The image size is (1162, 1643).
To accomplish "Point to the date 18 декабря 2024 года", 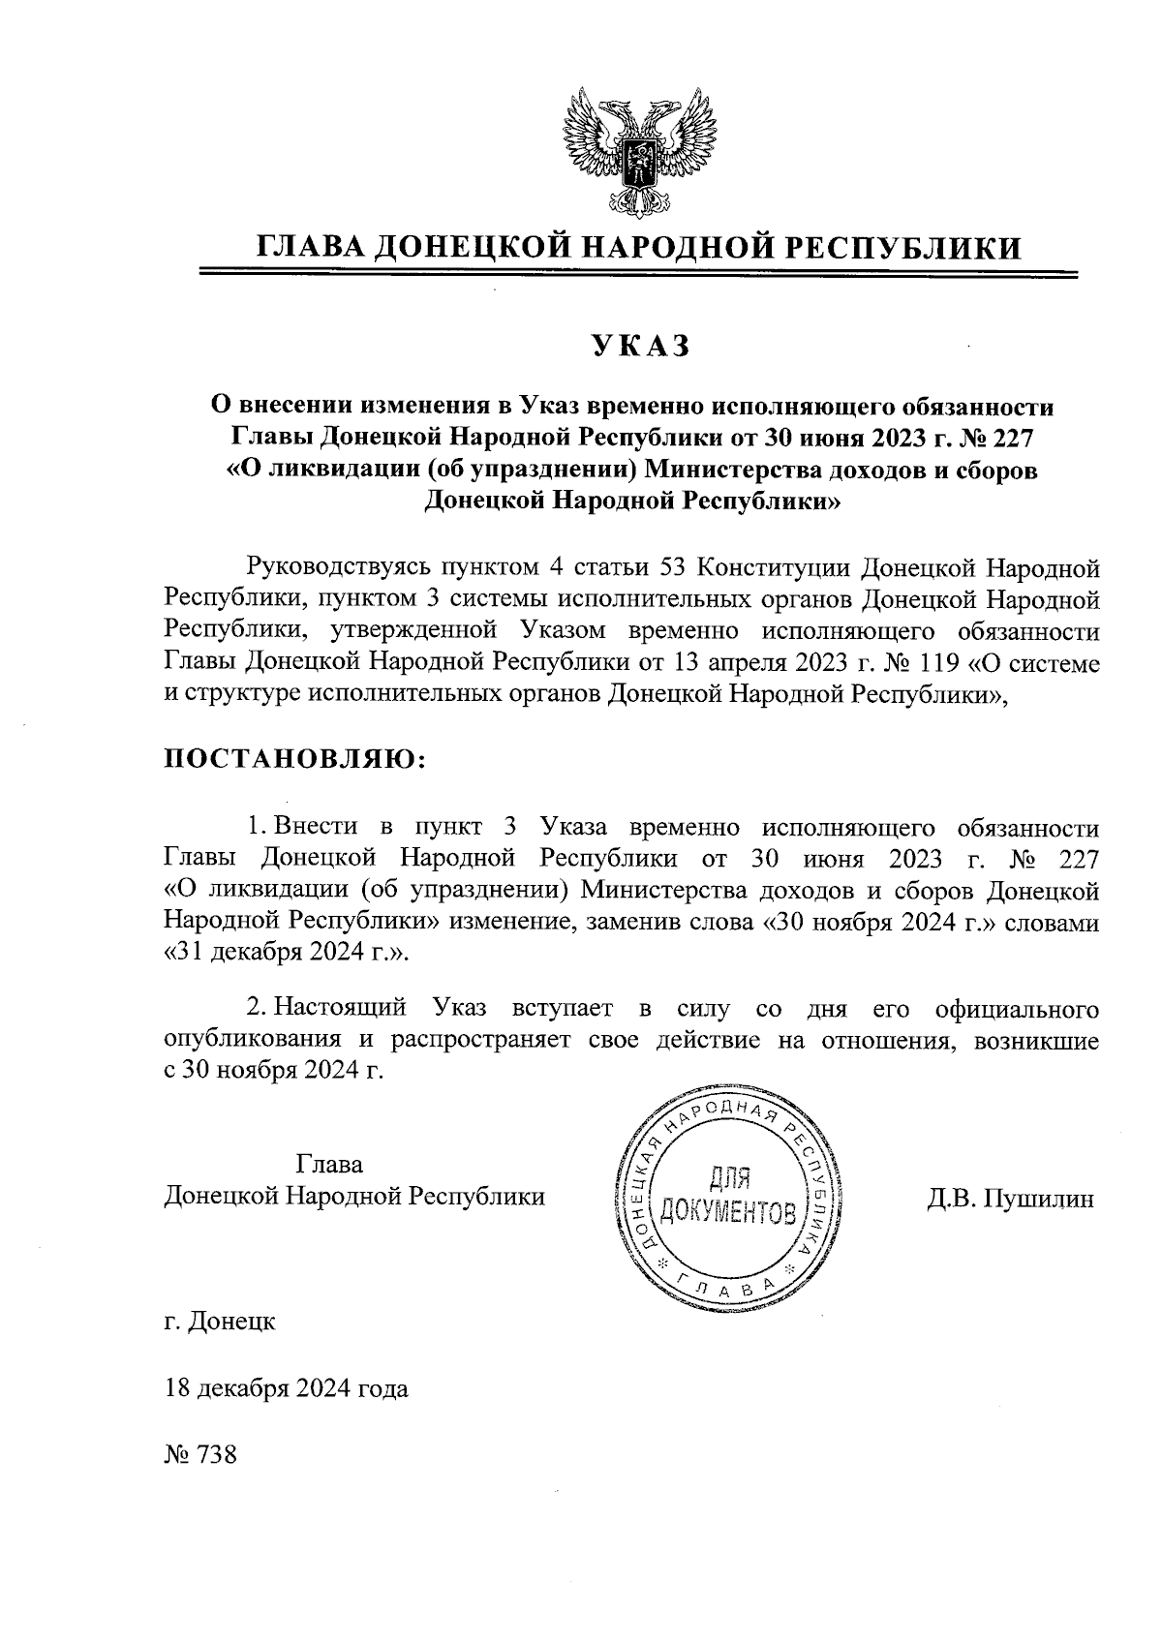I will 287,1388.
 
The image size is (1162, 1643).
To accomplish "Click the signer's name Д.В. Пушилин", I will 1010,1199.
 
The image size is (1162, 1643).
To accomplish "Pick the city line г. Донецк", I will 220,1321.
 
